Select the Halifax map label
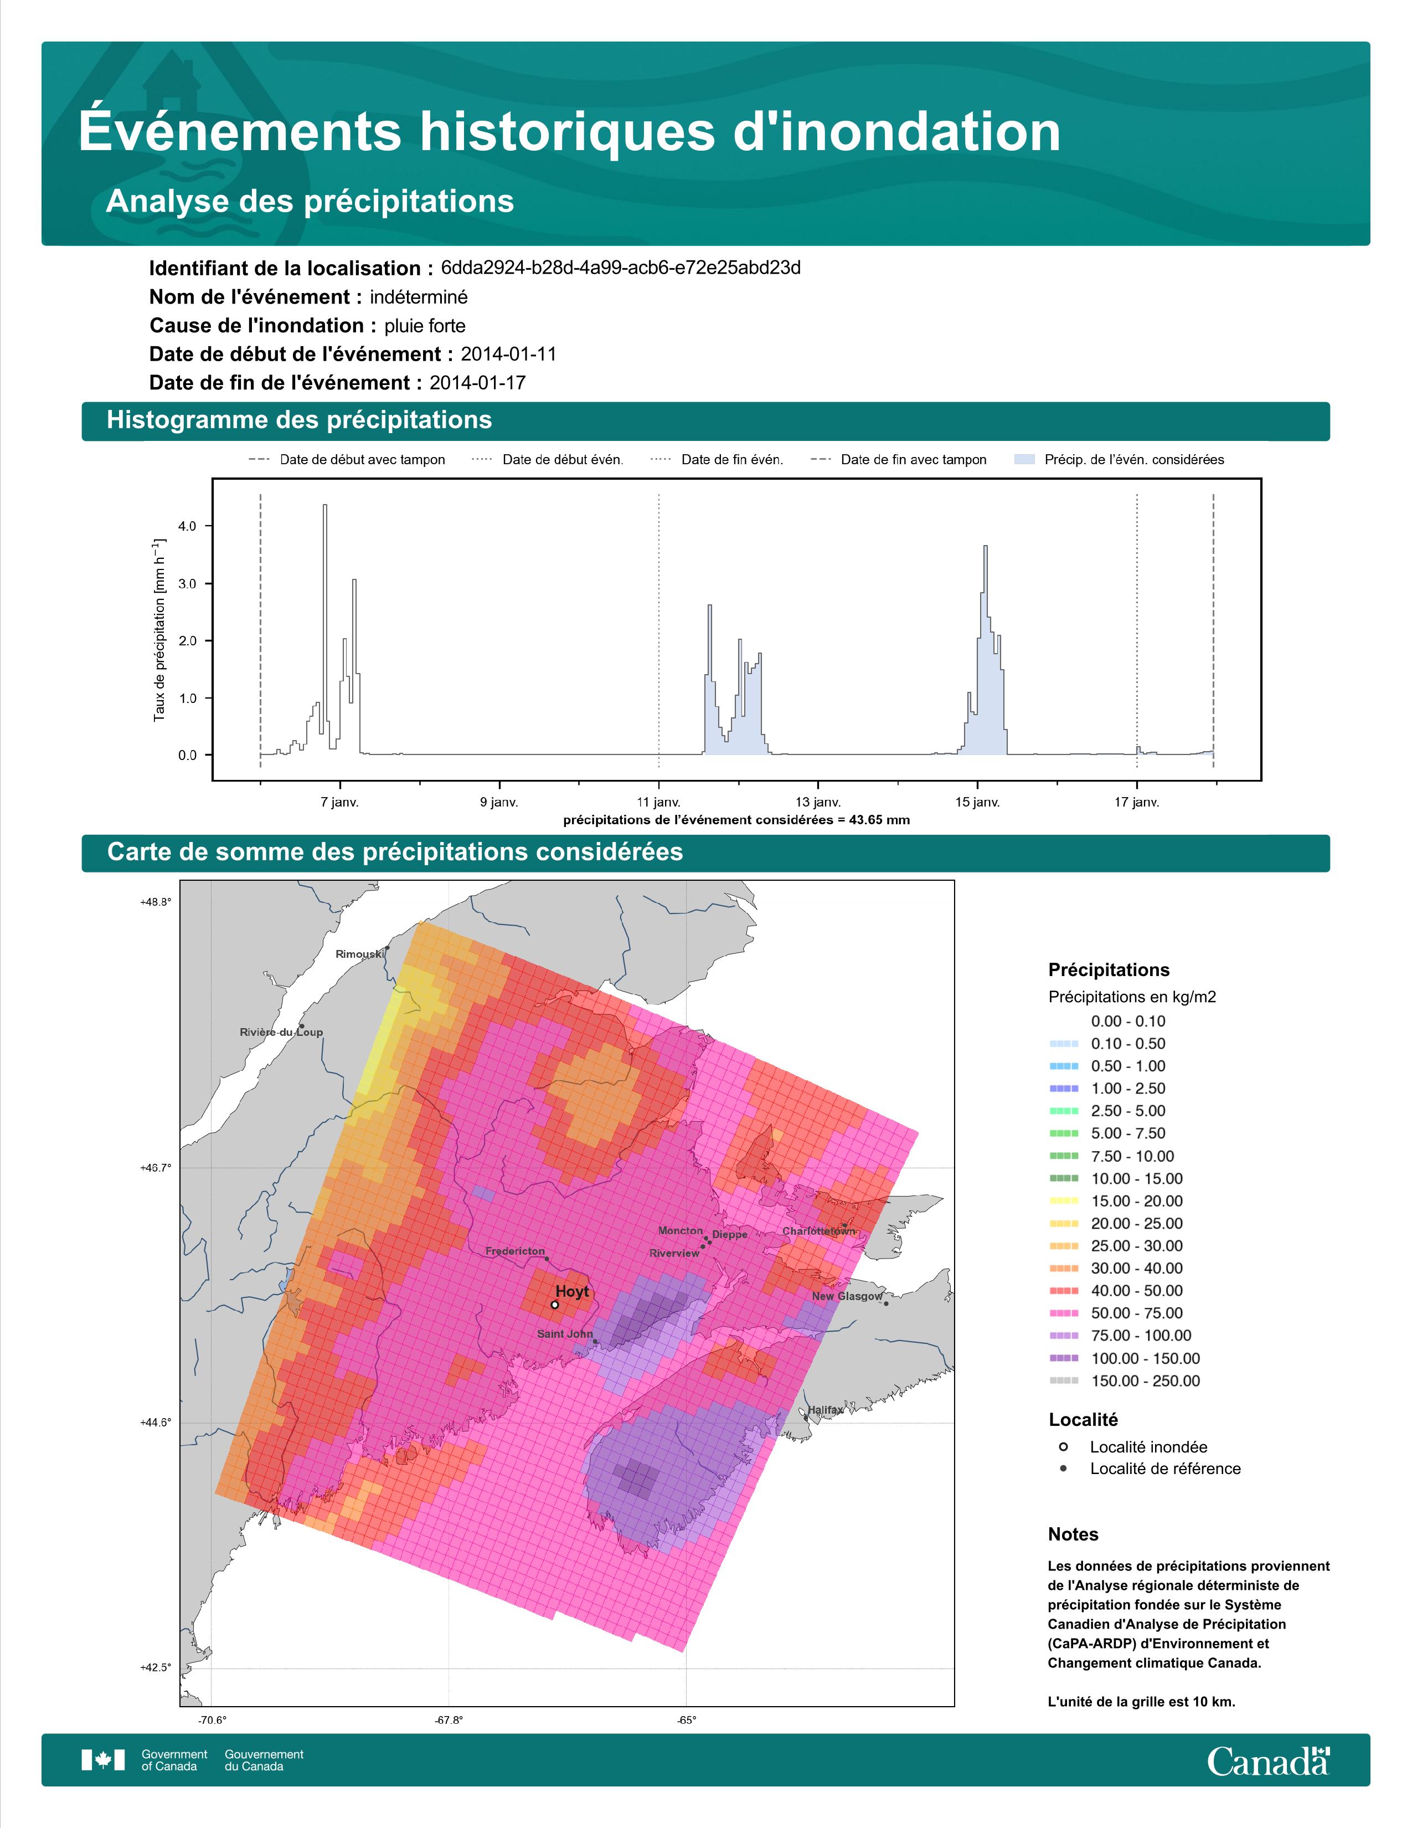click(x=826, y=1410)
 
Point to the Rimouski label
click(x=360, y=953)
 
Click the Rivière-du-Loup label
click(x=281, y=1032)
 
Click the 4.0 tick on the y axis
click(x=187, y=526)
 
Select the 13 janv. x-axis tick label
click(x=817, y=802)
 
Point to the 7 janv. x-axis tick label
click(x=339, y=802)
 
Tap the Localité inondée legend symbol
click(x=1063, y=1446)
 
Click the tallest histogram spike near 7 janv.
click(x=324, y=506)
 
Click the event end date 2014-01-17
click(x=478, y=383)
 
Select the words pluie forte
click(x=425, y=326)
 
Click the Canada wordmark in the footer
click(x=1268, y=1760)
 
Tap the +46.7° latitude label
click(x=156, y=1168)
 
